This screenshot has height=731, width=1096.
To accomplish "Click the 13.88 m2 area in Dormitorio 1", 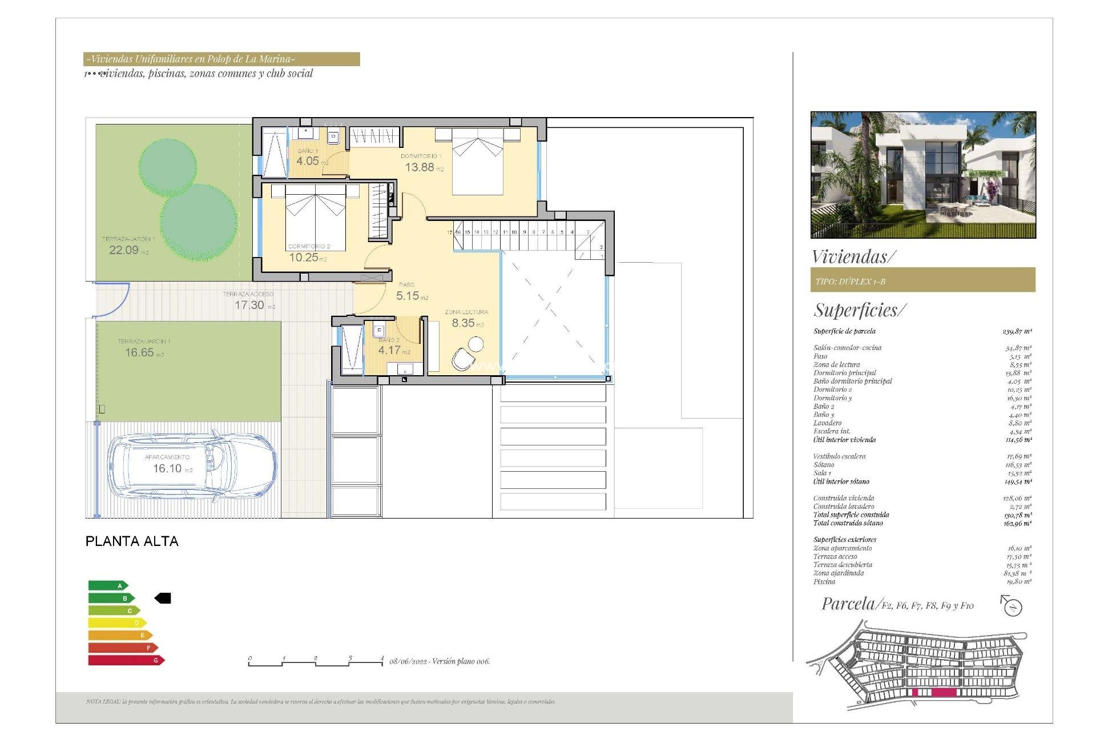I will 420,167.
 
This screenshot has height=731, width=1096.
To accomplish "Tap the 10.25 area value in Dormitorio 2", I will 304,258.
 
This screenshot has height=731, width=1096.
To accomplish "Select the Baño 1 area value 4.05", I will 308,161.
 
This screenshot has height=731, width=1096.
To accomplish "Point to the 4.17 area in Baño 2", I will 389,350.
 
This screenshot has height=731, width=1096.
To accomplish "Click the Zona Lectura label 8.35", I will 464,323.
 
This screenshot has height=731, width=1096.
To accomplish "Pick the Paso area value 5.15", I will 408,296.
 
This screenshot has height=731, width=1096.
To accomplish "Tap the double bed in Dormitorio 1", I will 478,163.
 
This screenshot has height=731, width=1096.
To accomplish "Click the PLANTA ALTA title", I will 132,541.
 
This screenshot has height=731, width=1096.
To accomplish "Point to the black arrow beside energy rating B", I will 163,598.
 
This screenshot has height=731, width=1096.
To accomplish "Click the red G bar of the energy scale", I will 126,660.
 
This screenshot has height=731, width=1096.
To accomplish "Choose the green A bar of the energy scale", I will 108,585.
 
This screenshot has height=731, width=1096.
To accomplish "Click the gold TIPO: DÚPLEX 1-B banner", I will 922,280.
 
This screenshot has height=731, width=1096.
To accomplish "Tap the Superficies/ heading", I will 859,310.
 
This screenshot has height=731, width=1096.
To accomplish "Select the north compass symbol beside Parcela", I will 1012,606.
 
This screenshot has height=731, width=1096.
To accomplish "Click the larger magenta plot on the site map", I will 944,692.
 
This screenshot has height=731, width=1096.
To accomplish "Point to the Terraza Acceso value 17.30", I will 249,305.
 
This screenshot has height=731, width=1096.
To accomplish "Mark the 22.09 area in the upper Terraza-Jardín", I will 124,250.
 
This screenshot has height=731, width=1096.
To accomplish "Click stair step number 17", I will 449,232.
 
